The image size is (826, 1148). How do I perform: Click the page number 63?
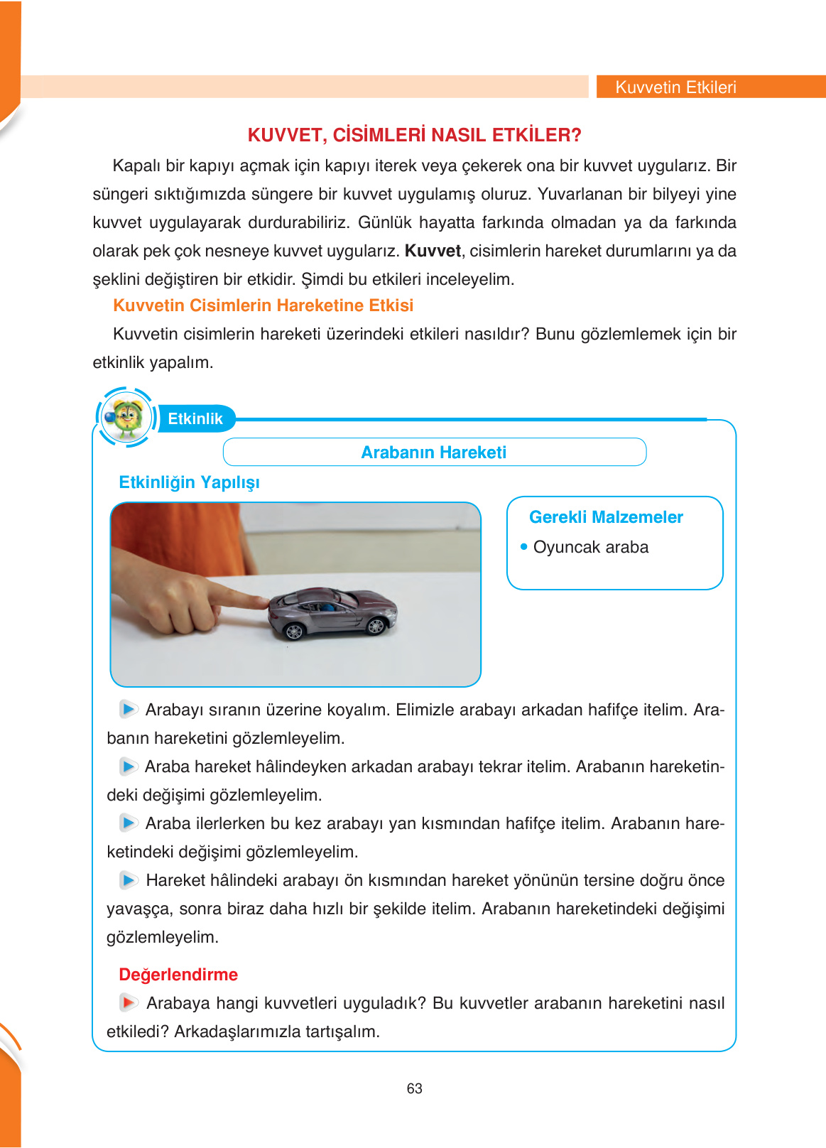414,1088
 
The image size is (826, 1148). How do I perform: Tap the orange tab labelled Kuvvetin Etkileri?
675,87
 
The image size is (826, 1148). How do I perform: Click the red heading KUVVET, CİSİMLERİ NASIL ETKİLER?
414,135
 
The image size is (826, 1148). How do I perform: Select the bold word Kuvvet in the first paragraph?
433,251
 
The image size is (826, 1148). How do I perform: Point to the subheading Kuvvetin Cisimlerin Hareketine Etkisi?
263,305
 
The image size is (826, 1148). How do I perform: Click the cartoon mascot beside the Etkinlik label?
126,417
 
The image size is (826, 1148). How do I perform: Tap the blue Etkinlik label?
195,418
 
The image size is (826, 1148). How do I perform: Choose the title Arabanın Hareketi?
433,453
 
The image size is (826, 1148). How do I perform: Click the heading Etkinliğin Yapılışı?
189,482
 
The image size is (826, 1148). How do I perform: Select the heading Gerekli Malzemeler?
606,517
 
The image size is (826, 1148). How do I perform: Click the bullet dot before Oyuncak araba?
524,547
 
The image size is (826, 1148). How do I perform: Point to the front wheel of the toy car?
374,626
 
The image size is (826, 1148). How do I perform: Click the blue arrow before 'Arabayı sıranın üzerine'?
128,709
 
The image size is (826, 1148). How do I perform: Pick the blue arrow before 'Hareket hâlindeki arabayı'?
128,880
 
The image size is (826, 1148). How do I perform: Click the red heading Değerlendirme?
178,975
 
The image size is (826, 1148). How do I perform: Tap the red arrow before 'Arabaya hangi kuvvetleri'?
128,1002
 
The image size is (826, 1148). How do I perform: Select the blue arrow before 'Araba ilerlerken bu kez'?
128,823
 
